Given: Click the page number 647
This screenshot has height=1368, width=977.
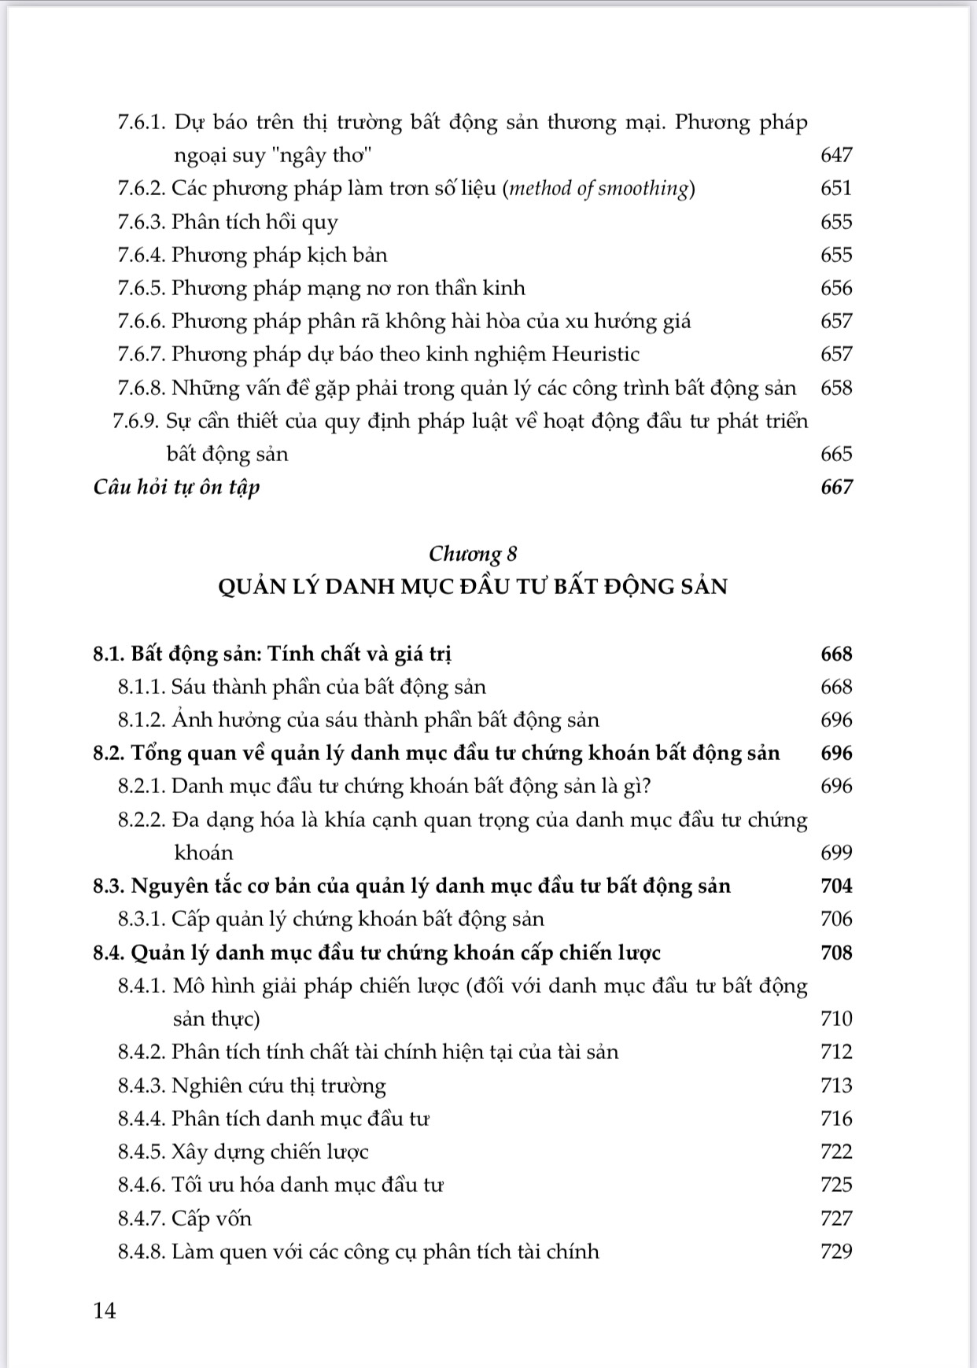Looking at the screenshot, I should coord(836,156).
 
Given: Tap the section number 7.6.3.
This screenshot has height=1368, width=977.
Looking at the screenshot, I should coord(141,223).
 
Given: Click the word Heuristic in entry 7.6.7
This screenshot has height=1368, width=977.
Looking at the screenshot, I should coord(595,355).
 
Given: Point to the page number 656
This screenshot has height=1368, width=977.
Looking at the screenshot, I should coord(836,289).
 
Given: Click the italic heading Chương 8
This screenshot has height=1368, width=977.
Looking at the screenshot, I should coord(473,554).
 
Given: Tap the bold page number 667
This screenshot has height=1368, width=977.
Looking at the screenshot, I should coord(836,488).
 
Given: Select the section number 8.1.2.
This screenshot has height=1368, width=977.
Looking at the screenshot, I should coord(141,721).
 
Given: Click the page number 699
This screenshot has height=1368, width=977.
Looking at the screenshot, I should coord(836,854).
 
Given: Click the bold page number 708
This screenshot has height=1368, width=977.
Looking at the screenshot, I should coord(836,953).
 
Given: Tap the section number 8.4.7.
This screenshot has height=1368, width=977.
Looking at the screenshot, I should coord(141,1219).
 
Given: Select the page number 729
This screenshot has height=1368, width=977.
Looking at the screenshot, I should coord(836,1252).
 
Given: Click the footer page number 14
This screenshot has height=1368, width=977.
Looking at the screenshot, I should coord(105,1311).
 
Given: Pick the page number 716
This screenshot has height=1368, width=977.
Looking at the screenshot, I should coord(836,1119).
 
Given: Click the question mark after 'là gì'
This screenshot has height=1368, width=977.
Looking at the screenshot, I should coord(647,787).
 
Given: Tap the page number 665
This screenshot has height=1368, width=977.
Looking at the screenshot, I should coord(836,455).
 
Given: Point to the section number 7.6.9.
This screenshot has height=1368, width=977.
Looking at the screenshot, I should coord(137,422).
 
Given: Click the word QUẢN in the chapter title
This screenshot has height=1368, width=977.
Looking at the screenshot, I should coord(252,587).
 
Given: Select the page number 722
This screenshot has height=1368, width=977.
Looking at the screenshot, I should coord(836,1152).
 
